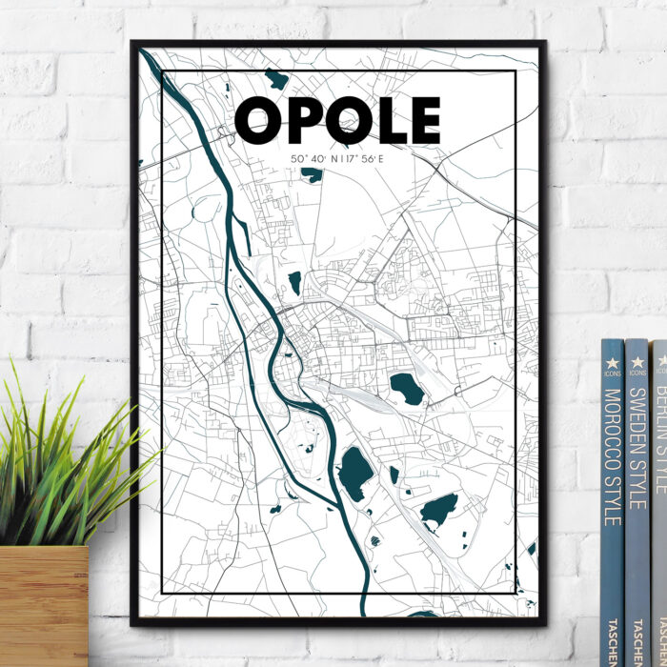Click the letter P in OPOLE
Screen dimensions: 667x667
303,121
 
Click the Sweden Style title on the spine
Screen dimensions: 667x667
637,447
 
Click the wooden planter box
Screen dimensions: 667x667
43,605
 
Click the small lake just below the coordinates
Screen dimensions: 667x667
312,174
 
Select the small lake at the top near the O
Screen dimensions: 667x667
276,79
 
